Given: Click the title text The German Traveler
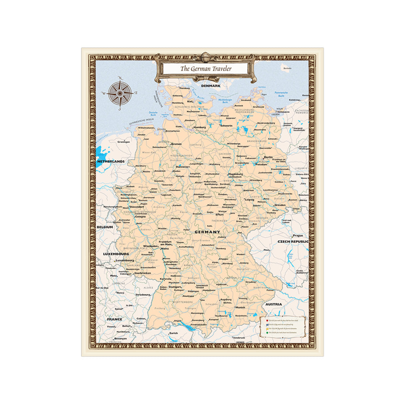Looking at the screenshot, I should tap(206, 68).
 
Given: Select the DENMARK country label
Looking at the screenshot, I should tap(210, 86).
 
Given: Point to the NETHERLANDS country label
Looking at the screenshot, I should tap(110, 161).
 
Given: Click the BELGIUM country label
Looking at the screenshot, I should tap(104, 227).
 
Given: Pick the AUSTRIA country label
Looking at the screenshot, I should tap(273, 304).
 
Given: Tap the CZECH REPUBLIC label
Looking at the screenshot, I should tap(293, 241).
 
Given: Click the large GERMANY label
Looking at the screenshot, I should tap(207, 232).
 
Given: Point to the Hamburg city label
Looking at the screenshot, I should tap(200, 127).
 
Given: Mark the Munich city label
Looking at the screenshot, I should tap(241, 307).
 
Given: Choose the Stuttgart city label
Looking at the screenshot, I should tap(175, 287).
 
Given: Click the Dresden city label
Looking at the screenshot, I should tap(280, 205).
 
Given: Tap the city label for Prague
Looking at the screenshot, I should tap(298, 235).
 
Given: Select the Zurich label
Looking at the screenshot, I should tap(173, 333).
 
